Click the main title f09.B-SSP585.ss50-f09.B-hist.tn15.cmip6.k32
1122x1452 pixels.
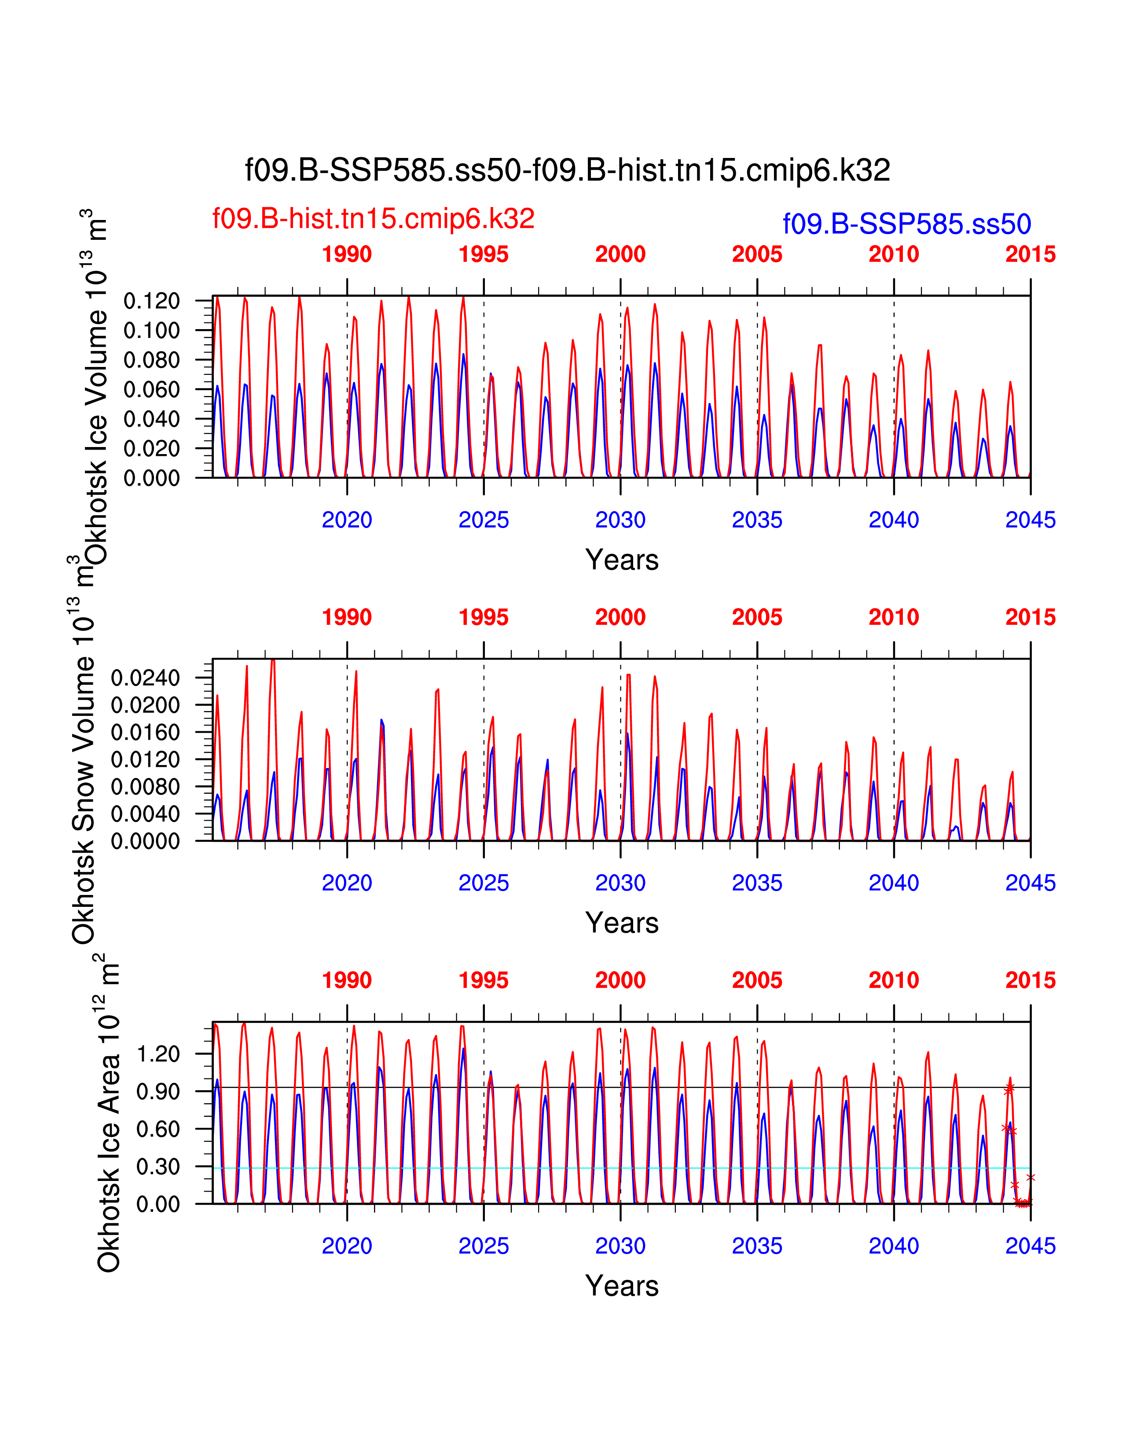pyautogui.click(x=567, y=170)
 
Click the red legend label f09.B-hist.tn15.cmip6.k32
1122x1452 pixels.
pyautogui.click(x=373, y=219)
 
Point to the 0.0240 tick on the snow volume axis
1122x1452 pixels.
pyautogui.click(x=145, y=678)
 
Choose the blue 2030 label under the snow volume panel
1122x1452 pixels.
pyautogui.click(x=620, y=883)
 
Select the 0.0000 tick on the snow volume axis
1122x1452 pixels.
pyautogui.click(x=145, y=842)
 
